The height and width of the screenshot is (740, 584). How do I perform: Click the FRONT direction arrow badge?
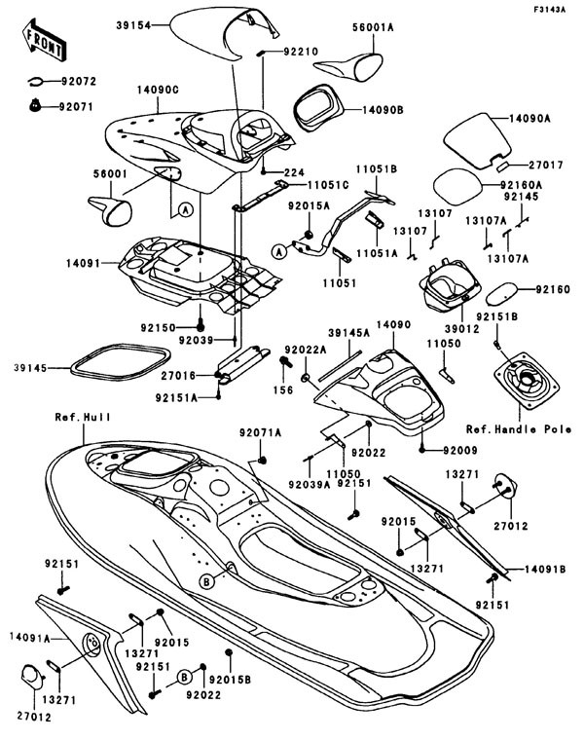(44, 40)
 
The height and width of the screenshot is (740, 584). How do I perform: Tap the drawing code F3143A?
(551, 10)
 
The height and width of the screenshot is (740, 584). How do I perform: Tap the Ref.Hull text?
(82, 417)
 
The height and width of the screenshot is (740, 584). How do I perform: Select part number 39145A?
(348, 333)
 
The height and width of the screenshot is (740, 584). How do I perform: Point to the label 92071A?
(260, 431)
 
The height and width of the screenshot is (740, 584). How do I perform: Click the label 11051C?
(306, 184)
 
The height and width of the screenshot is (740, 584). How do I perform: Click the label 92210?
(302, 51)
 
